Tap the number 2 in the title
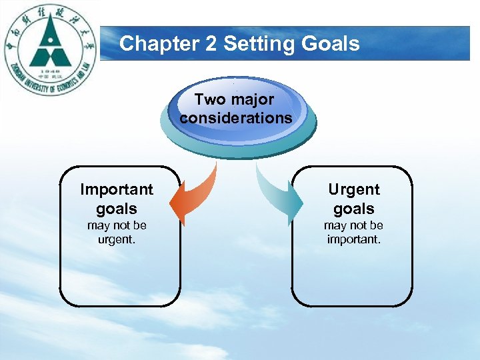point(212,44)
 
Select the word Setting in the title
point(252,44)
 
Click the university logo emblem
point(50,49)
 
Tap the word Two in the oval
point(210,100)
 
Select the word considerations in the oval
point(235,118)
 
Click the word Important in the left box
point(117,190)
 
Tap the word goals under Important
point(117,209)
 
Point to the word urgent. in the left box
point(117,239)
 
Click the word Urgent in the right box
point(353,190)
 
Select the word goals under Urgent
point(353,209)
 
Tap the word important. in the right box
point(353,239)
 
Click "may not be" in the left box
point(117,225)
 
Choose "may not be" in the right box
point(353,225)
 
